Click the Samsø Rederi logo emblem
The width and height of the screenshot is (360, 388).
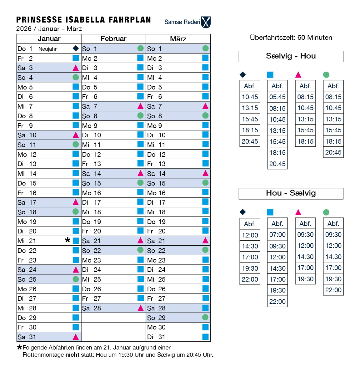click(206, 22)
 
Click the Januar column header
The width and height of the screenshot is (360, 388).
click(49, 39)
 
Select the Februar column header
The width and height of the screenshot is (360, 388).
click(113, 39)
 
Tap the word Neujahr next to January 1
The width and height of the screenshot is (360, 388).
click(47, 49)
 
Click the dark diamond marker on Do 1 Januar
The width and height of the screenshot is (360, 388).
click(76, 48)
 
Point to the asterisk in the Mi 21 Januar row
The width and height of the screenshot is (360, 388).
click(67, 240)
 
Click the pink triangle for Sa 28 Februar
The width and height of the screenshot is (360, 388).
click(141, 308)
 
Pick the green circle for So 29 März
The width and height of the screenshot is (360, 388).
click(205, 317)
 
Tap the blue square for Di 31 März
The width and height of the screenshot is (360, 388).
click(205, 337)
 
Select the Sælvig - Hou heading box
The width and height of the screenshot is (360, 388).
click(291, 56)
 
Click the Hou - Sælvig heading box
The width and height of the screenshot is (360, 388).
click(291, 193)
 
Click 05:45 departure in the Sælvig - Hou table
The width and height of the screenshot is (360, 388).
click(277, 97)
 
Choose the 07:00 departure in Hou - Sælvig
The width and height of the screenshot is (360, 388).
click(277, 235)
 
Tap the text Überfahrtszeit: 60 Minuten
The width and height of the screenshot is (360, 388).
click(291, 38)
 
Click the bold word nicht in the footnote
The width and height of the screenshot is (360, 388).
click(72, 355)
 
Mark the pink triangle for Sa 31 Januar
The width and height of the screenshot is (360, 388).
click(76, 337)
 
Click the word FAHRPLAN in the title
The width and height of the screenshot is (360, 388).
click(130, 20)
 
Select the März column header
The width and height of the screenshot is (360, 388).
click(178, 39)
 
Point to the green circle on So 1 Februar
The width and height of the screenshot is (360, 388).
click(141, 48)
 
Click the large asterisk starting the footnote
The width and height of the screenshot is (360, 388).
click(19, 347)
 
